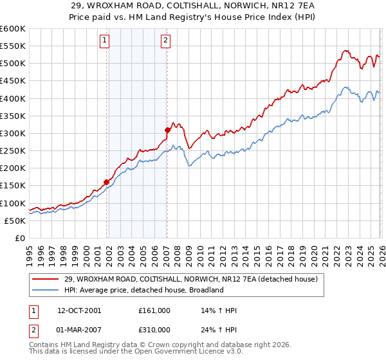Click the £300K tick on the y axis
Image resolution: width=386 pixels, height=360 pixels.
click(x=12, y=133)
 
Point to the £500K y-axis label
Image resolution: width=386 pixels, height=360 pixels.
click(x=12, y=64)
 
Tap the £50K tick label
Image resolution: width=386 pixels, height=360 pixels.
click(x=14, y=221)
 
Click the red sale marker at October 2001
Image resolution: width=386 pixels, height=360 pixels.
click(x=106, y=182)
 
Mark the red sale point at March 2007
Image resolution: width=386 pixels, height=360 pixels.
click(x=167, y=130)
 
